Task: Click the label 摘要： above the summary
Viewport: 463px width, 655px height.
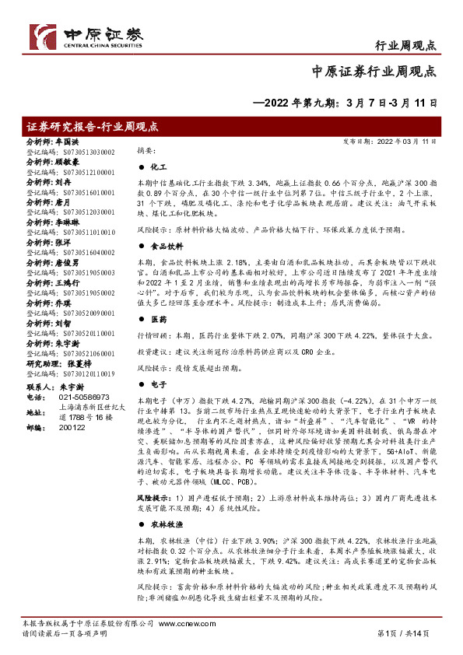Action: (146, 150)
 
